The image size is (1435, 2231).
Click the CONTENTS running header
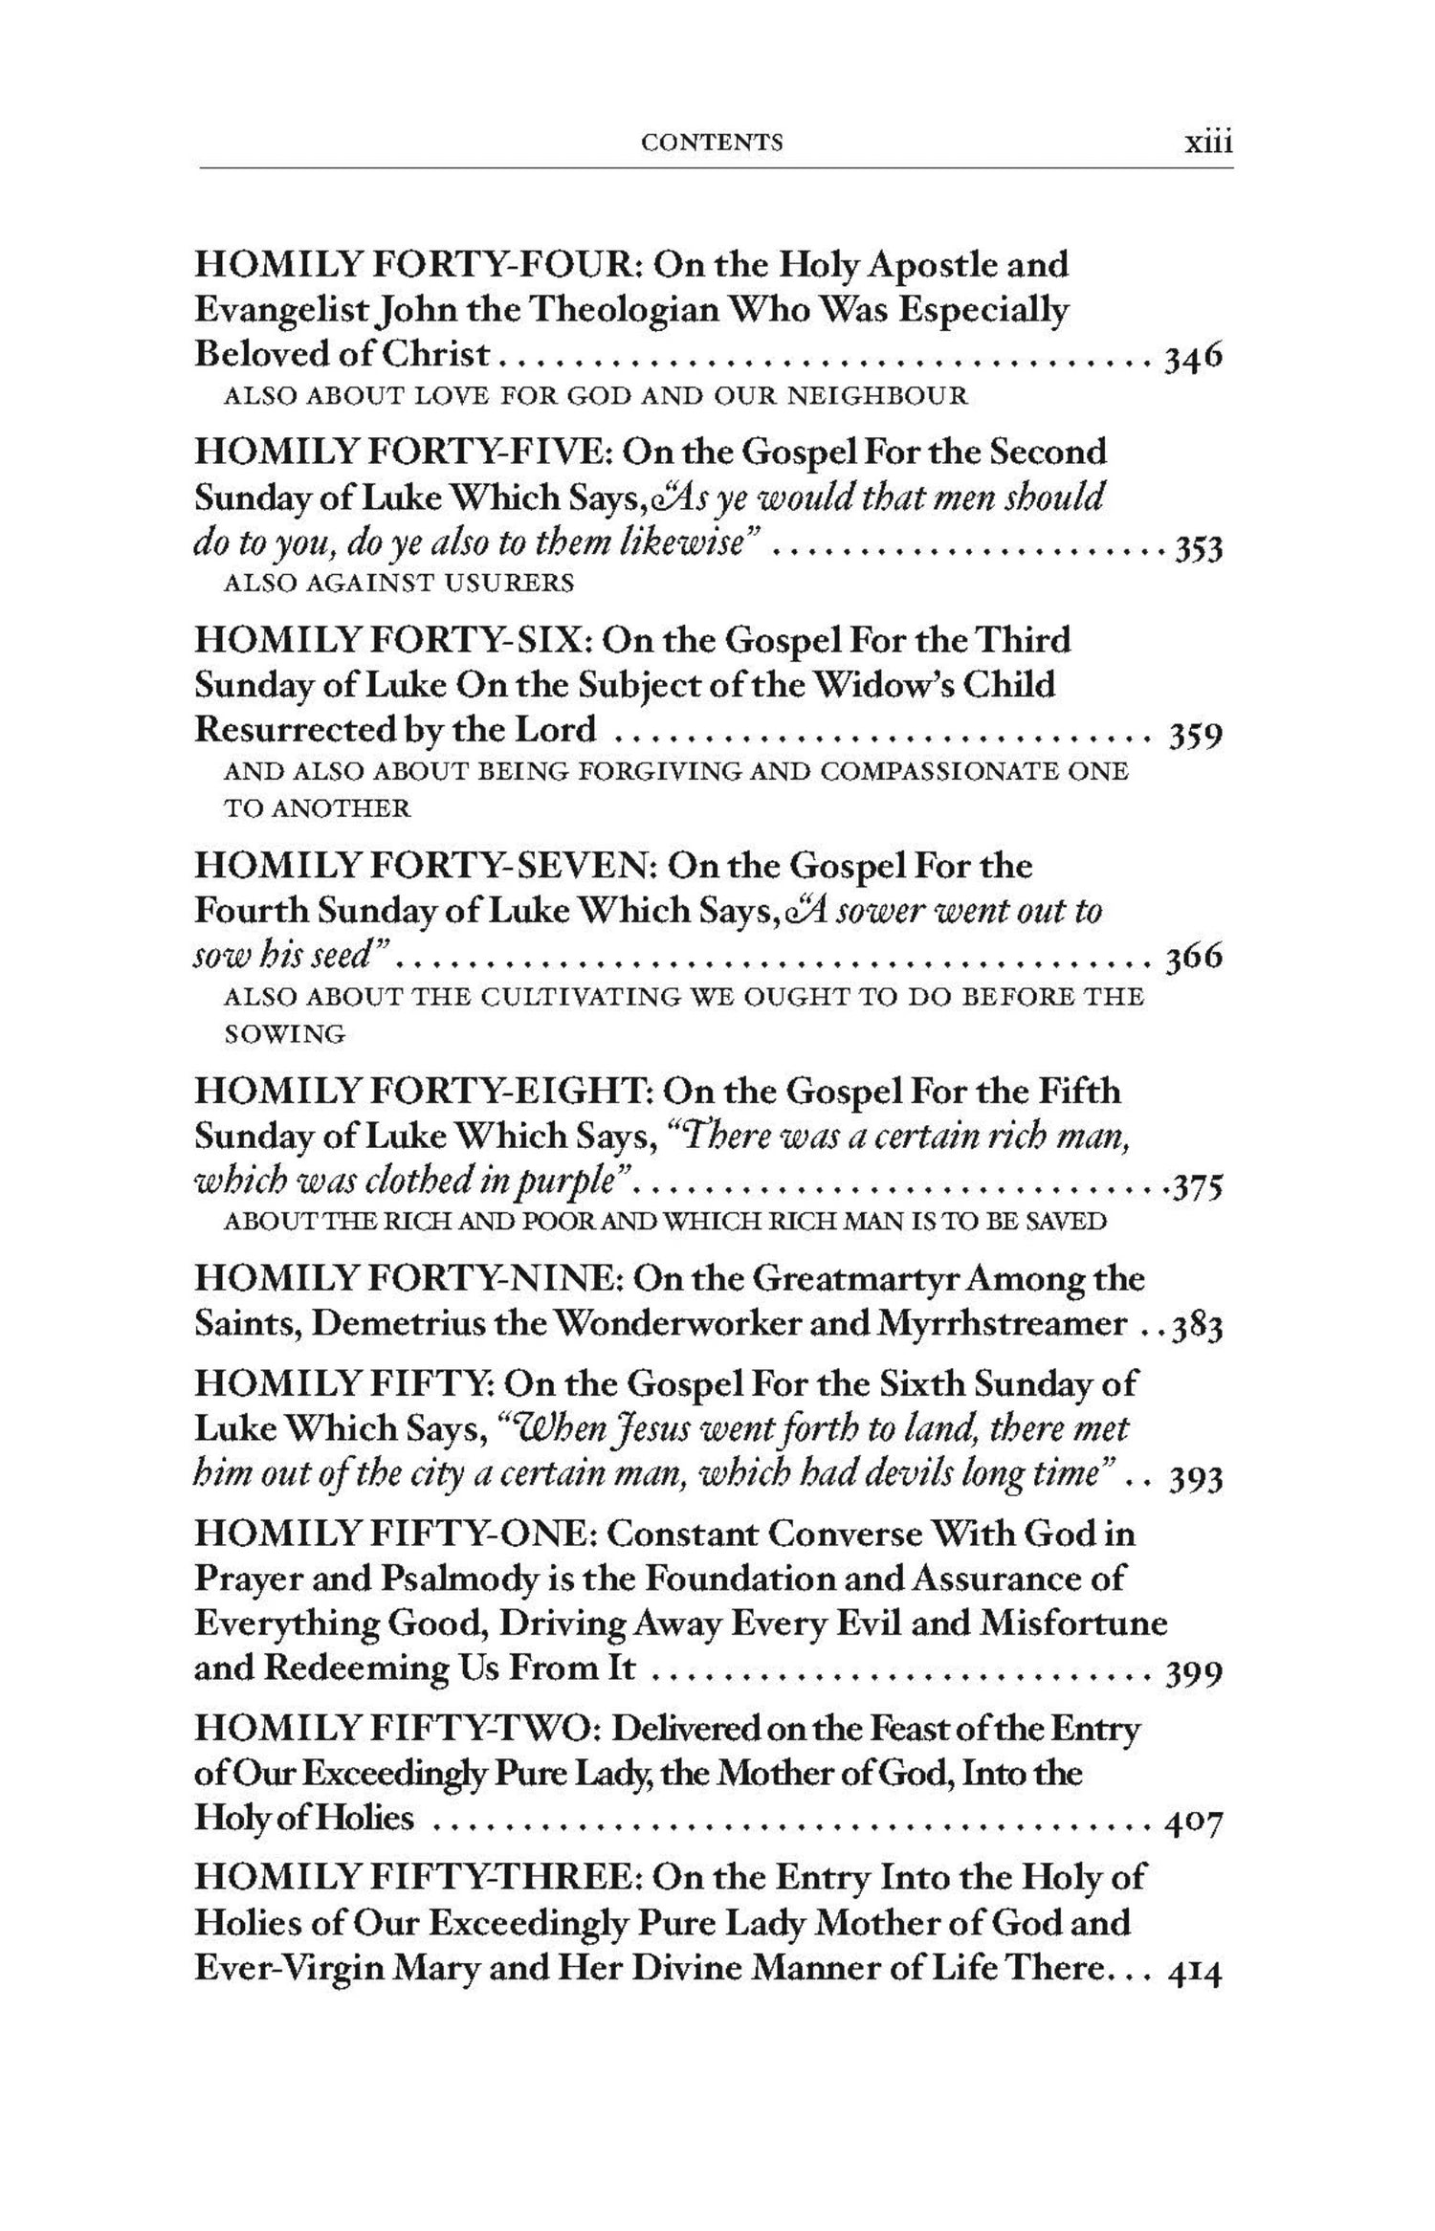click(712, 143)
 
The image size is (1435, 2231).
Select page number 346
click(1192, 358)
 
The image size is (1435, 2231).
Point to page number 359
click(1196, 737)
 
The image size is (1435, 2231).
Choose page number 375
click(1197, 1187)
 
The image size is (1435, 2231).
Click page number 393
click(1196, 1480)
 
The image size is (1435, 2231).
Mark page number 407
click(1194, 1824)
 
